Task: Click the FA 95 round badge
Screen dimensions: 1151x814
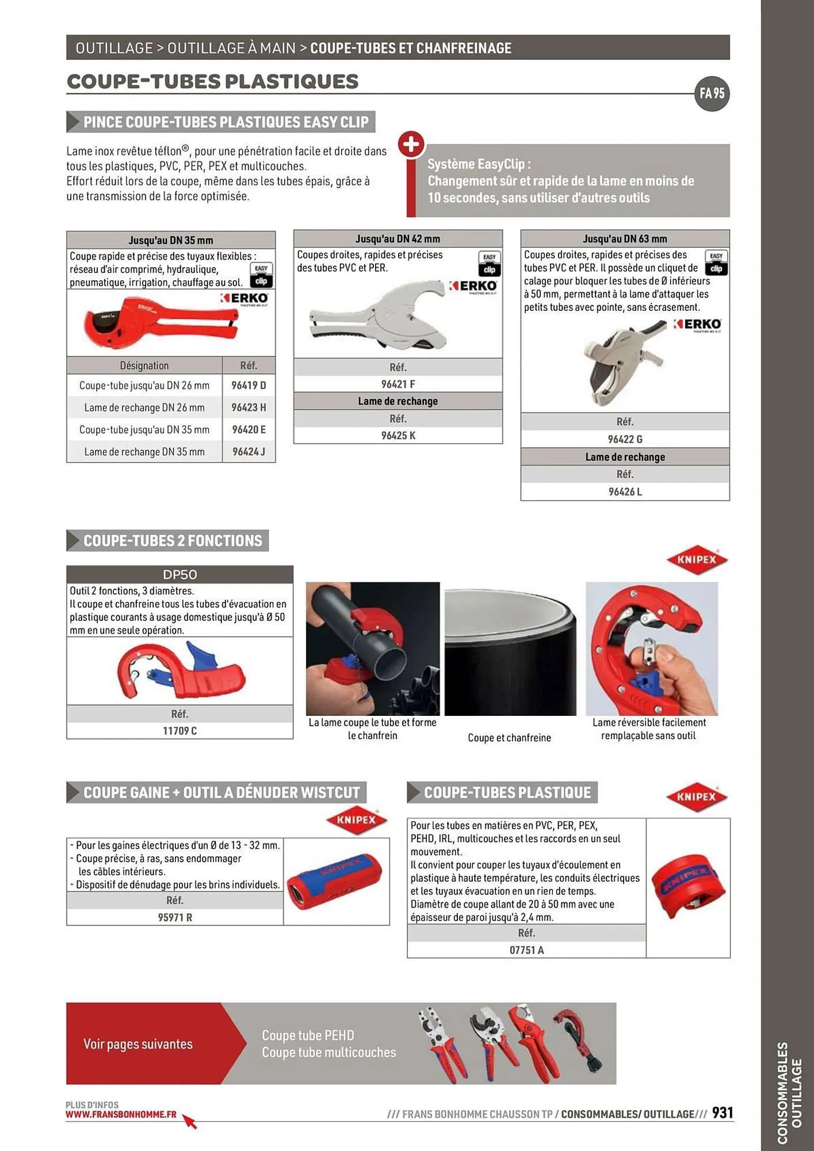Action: pyautogui.click(x=712, y=93)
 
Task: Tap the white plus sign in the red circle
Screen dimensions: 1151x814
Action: pyautogui.click(x=411, y=144)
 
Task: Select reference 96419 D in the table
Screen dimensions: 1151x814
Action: pyautogui.click(x=249, y=386)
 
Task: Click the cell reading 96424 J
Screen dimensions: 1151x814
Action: pyautogui.click(x=249, y=452)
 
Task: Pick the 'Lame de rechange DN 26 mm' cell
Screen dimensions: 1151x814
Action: pyautogui.click(x=144, y=407)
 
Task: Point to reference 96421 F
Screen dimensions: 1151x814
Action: pyautogui.click(x=398, y=384)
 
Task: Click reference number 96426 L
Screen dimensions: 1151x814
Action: pyautogui.click(x=625, y=492)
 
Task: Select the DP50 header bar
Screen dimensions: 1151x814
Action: pyautogui.click(x=179, y=574)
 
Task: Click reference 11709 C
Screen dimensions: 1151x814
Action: pyautogui.click(x=179, y=731)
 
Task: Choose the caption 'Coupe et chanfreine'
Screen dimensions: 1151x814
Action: pyautogui.click(x=509, y=738)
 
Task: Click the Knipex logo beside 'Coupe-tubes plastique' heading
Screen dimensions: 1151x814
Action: pyautogui.click(x=697, y=797)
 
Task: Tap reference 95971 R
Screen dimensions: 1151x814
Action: pyautogui.click(x=175, y=917)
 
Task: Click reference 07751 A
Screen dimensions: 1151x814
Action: pyautogui.click(x=526, y=950)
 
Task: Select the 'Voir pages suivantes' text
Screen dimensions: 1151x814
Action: pyautogui.click(x=138, y=1044)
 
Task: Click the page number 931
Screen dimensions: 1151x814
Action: pyautogui.click(x=723, y=1113)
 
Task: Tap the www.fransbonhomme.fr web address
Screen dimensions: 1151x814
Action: pyautogui.click(x=121, y=1115)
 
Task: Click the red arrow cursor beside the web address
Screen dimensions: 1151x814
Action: pyautogui.click(x=190, y=1122)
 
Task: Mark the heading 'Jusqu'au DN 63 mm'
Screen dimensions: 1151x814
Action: pyautogui.click(x=625, y=239)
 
